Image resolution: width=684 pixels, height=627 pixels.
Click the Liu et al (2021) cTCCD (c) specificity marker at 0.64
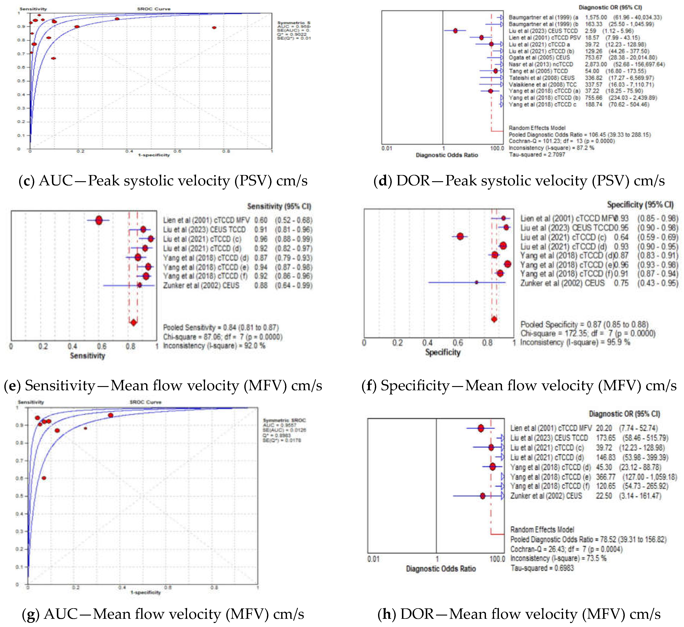pyautogui.click(x=460, y=237)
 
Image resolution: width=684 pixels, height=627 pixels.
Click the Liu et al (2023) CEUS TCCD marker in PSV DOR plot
pyautogui.click(x=455, y=31)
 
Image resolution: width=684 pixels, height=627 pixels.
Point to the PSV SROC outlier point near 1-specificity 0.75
pyautogui.click(x=214, y=27)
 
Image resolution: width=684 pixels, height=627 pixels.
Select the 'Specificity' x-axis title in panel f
pyautogui.click(x=443, y=353)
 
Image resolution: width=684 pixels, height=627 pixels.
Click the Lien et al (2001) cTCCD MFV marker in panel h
pyautogui.click(x=481, y=428)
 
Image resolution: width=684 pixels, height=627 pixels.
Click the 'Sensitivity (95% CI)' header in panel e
pyautogui.click(x=279, y=206)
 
